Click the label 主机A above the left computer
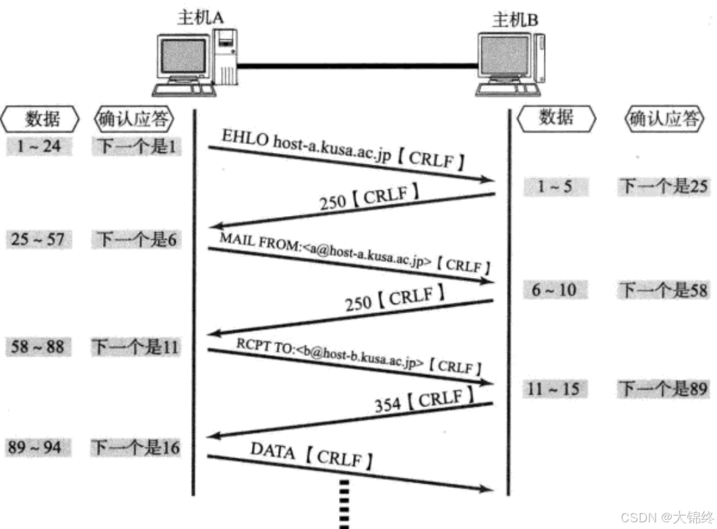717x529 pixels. [x=199, y=17]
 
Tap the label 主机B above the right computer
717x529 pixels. [x=516, y=20]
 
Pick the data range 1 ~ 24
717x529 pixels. [x=38, y=146]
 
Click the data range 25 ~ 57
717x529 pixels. [x=38, y=239]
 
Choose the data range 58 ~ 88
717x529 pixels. [x=38, y=348]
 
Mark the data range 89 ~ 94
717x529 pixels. [x=38, y=448]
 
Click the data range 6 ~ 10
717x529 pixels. [x=554, y=290]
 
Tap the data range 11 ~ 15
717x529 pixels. [x=554, y=389]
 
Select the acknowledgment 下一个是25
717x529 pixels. [x=664, y=186]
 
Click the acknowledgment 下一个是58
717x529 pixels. [x=664, y=290]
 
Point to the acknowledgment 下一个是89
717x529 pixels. [x=664, y=389]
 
